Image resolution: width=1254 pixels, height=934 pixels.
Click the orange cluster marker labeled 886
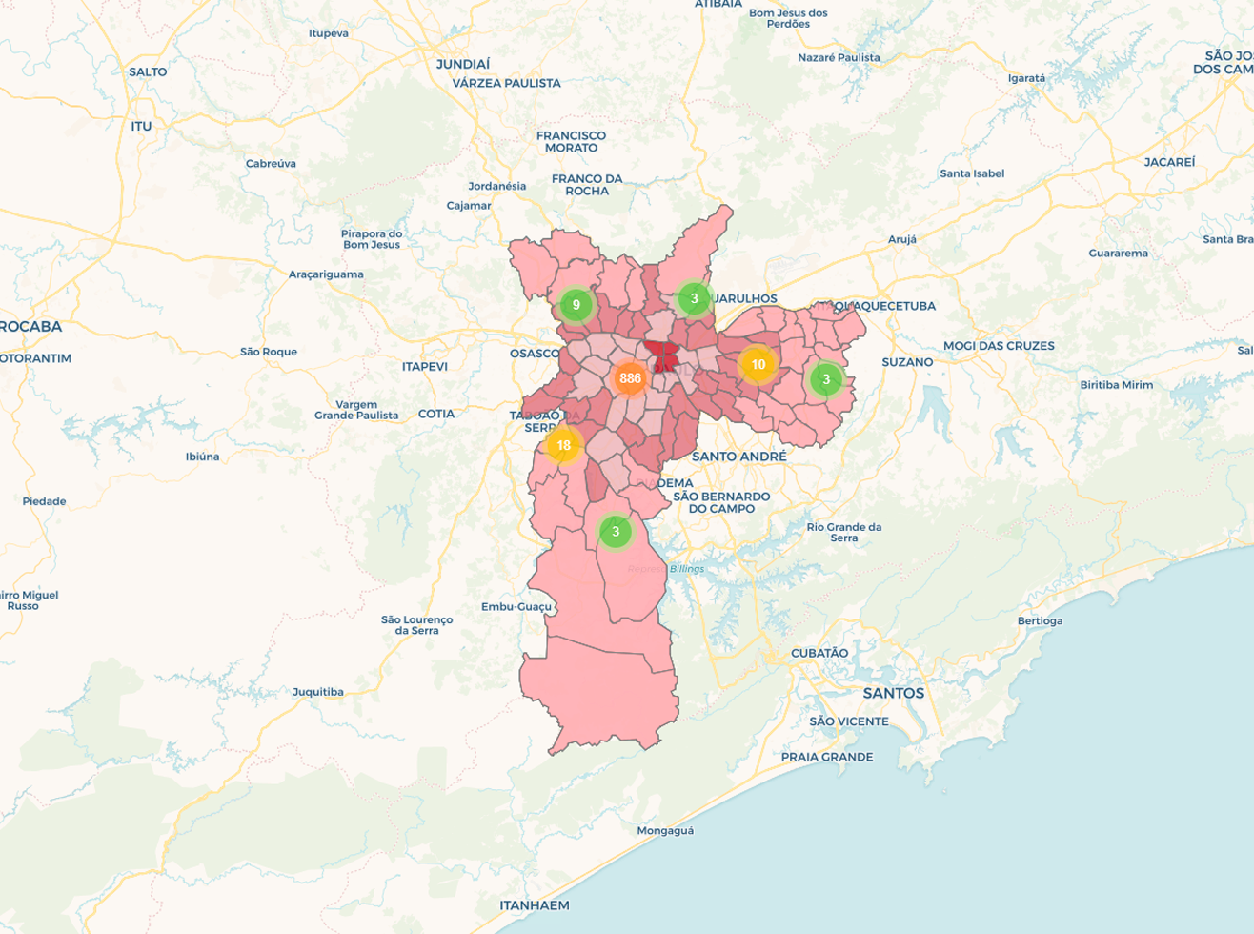pos(630,378)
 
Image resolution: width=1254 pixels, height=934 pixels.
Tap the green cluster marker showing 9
pos(576,305)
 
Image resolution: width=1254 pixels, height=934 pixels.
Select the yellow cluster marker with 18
pos(563,445)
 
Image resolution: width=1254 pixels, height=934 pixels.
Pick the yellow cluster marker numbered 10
pos(758,364)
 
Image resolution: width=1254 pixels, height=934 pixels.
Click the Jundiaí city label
pos(463,64)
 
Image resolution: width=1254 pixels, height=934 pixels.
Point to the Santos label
pos(893,693)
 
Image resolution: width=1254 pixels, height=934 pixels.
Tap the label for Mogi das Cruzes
pos(999,345)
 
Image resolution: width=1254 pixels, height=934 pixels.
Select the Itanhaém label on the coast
pos(535,905)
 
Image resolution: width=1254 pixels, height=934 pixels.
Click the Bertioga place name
pos(1040,620)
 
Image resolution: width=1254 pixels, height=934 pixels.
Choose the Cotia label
pos(436,414)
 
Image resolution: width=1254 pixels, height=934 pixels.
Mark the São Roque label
pos(269,352)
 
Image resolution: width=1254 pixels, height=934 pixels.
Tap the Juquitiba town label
pos(318,692)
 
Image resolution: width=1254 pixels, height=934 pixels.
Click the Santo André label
pos(739,457)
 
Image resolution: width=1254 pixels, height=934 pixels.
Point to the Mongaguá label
pos(665,830)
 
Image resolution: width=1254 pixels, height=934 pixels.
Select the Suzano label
pos(907,362)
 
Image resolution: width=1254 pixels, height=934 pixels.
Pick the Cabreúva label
pos(271,163)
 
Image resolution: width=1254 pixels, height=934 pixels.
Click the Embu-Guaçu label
pos(516,606)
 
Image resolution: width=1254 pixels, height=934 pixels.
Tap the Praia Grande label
pos(827,757)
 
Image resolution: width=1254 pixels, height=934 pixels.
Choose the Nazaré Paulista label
pos(839,57)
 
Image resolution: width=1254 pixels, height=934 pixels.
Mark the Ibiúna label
pos(202,457)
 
